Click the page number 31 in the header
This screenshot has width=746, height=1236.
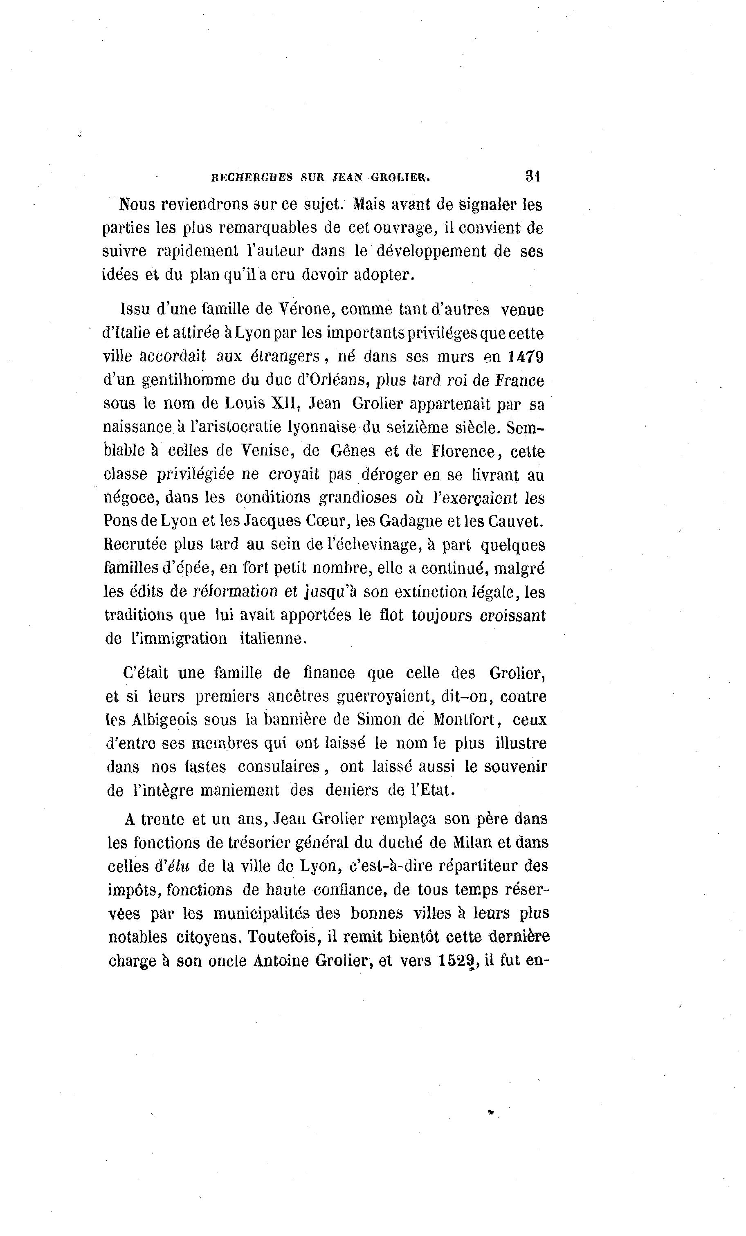[532, 176]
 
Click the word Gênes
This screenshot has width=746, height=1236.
[353, 451]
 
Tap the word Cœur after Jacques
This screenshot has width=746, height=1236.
[326, 521]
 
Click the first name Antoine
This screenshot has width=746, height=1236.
[281, 960]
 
